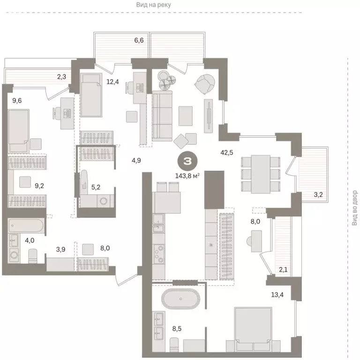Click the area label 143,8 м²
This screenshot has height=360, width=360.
click(x=187, y=175)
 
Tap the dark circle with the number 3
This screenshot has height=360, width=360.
click(x=187, y=162)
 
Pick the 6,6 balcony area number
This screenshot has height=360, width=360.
click(x=139, y=41)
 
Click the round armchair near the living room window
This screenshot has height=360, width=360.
click(x=205, y=84)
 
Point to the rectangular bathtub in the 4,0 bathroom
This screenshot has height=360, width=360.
click(x=27, y=227)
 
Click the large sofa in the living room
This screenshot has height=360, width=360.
click(x=162, y=115)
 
